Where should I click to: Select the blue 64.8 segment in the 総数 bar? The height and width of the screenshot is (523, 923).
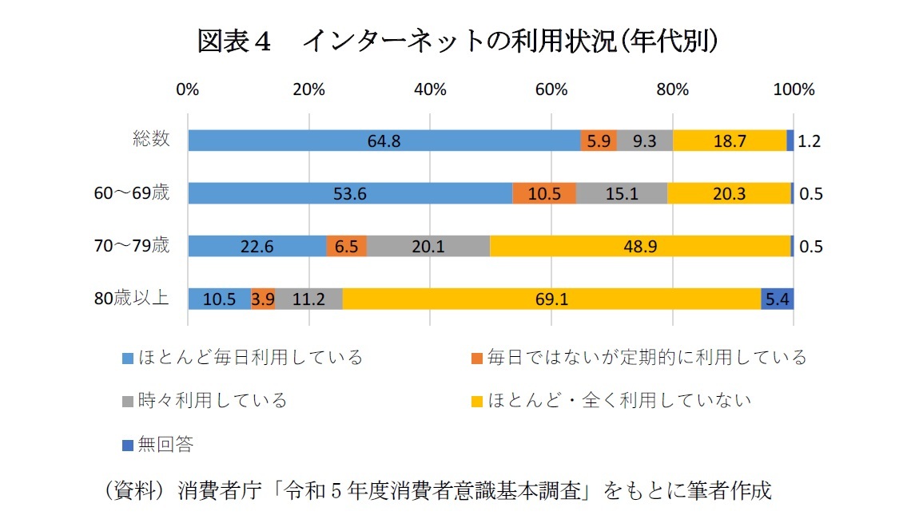click(x=384, y=141)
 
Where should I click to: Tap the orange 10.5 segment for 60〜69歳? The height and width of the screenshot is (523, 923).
click(x=543, y=193)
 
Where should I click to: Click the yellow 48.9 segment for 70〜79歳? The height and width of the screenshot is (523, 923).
click(x=639, y=247)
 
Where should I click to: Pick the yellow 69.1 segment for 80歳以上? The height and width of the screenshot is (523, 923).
click(x=551, y=299)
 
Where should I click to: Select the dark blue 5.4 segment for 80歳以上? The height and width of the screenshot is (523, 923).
click(x=777, y=299)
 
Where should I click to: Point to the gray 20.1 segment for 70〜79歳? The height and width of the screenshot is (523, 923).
click(x=428, y=247)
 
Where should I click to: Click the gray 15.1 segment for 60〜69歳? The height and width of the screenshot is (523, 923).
click(x=621, y=193)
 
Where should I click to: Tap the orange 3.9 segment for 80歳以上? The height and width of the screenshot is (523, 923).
click(x=263, y=299)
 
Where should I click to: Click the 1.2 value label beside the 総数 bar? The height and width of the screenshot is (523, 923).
click(x=810, y=141)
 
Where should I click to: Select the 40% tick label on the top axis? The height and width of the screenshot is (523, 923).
click(x=430, y=89)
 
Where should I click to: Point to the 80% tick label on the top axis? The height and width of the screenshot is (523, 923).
click(x=672, y=89)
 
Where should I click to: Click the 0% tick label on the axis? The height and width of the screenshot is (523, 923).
click(x=188, y=89)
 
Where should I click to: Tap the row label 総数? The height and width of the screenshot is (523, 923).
click(x=151, y=139)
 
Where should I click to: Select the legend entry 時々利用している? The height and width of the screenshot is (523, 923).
click(x=212, y=400)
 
